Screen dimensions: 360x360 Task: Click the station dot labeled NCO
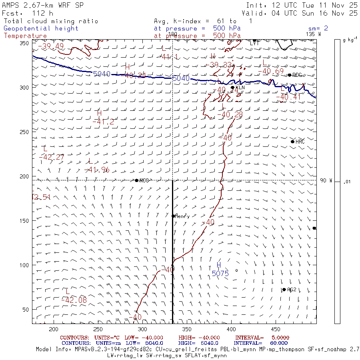point(137,180)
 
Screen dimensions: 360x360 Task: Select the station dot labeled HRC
point(292,142)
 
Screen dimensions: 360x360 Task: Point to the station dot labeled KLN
point(232,88)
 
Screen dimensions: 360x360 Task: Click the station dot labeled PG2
point(284,290)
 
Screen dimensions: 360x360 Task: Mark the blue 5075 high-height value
point(220,274)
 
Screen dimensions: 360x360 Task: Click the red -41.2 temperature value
point(103,121)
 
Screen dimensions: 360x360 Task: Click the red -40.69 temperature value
point(271,72)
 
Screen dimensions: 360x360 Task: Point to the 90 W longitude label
point(326,180)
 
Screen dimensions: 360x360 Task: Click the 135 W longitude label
point(313,34)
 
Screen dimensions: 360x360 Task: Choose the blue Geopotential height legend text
point(41,28)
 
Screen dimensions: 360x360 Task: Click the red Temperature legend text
point(25,36)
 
